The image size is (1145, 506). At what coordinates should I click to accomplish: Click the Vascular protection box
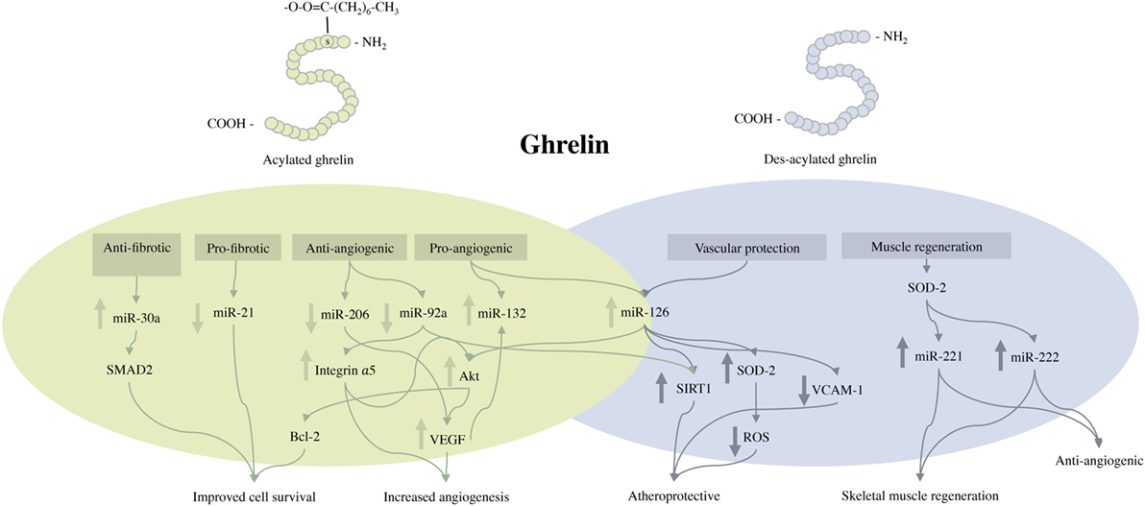733,248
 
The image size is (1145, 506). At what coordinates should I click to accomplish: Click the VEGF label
447,439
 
